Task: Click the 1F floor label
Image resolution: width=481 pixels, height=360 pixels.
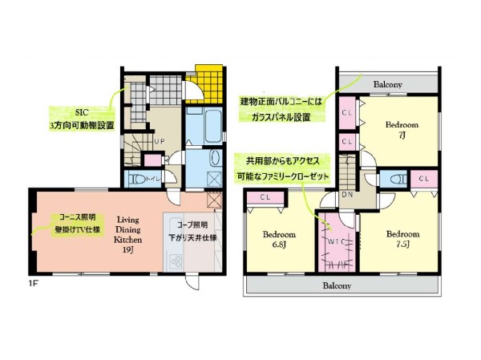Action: coord(34,283)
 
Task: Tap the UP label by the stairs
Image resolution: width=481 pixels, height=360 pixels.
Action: coord(160,141)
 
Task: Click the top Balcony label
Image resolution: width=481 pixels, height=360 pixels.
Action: coord(388,84)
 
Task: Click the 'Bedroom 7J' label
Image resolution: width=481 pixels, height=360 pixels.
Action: coord(402,131)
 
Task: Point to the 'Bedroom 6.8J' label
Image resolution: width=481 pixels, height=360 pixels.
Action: coord(280,240)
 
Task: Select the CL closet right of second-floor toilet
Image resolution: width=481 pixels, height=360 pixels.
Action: coord(423,178)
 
